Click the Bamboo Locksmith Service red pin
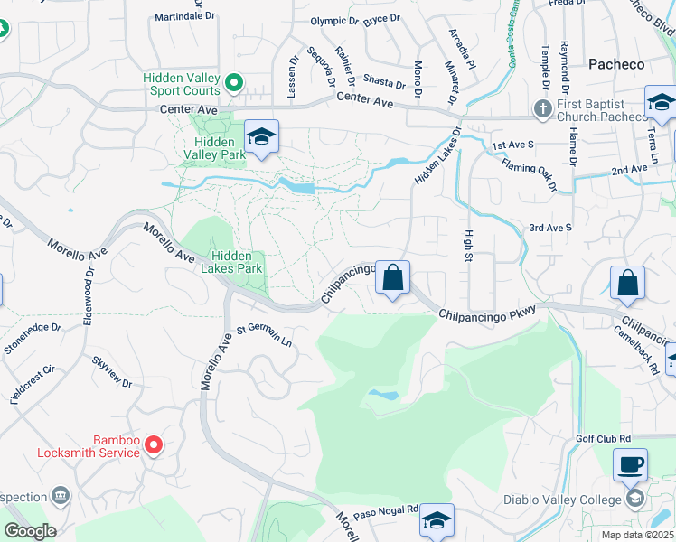(154, 444)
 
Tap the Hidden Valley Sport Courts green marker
(233, 84)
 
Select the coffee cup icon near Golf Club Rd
(630, 465)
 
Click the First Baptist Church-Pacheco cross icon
(542, 109)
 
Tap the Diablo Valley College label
(562, 500)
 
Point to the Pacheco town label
(616, 64)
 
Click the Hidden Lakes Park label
(237, 263)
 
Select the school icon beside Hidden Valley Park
(262, 137)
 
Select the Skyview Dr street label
(112, 372)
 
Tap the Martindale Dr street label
(185, 16)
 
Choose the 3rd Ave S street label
(550, 228)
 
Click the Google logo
(30, 531)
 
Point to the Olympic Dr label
(334, 21)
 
